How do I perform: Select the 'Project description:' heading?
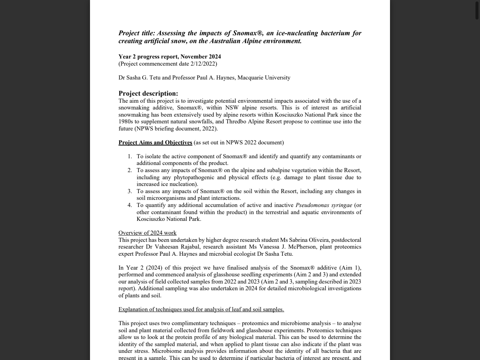point(148,93)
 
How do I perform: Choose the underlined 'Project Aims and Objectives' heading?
point(155,142)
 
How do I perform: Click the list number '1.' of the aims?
point(130,156)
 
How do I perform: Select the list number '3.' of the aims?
point(130,191)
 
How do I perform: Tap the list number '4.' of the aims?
point(130,205)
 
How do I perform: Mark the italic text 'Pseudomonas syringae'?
point(324,205)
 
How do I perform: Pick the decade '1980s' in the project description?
point(126,121)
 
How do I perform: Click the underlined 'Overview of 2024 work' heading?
point(147,233)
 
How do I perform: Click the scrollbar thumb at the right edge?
point(477,10)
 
